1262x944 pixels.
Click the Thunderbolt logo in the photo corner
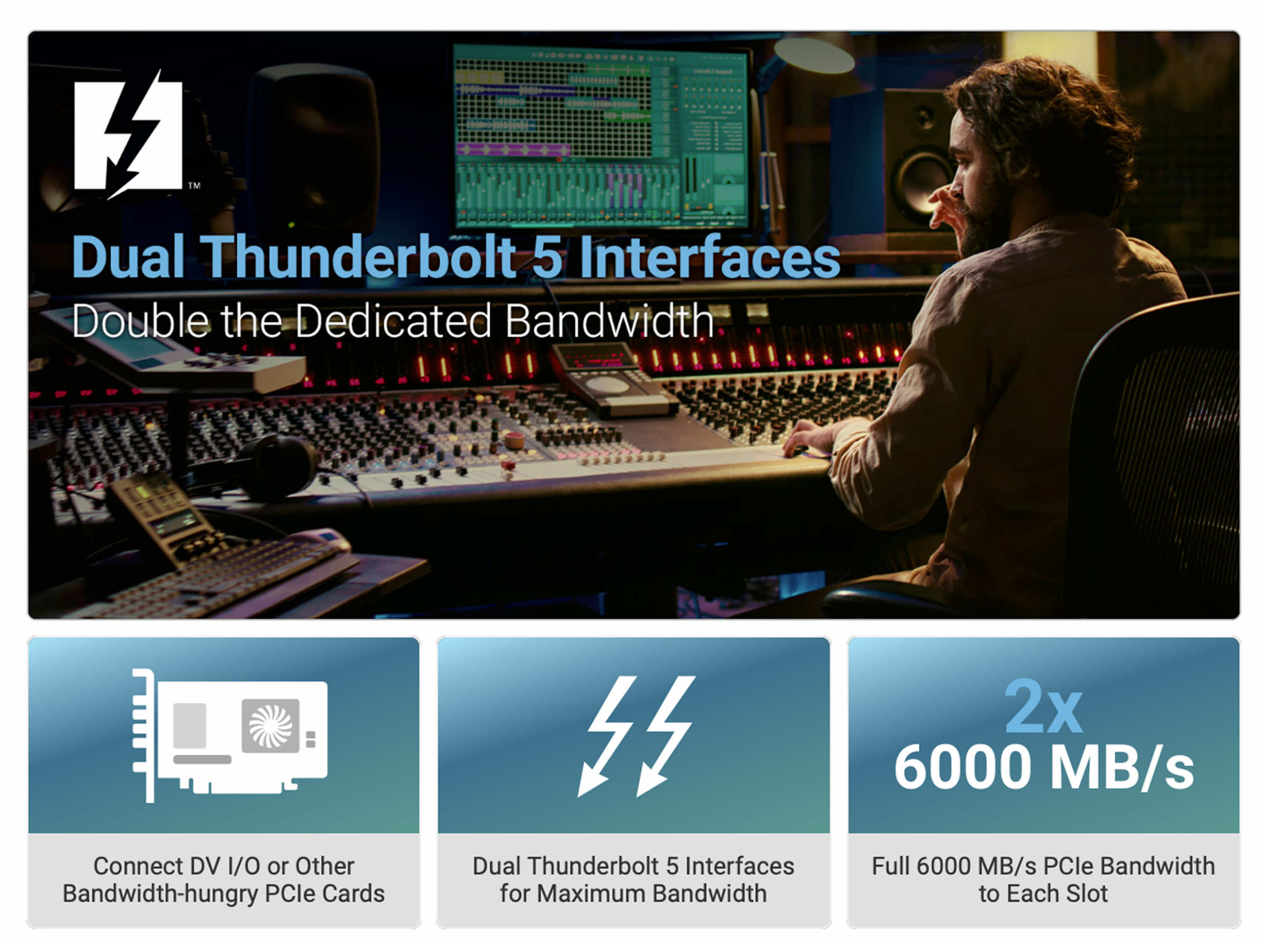128,134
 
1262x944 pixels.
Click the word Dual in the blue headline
129,257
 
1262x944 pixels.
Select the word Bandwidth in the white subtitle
609,321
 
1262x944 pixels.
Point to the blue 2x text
1043,706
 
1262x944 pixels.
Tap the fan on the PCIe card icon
271,726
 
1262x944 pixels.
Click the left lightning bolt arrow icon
606,736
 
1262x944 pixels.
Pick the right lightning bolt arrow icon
665,736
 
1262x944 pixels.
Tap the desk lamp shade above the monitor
814,55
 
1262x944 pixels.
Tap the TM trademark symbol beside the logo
194,185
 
